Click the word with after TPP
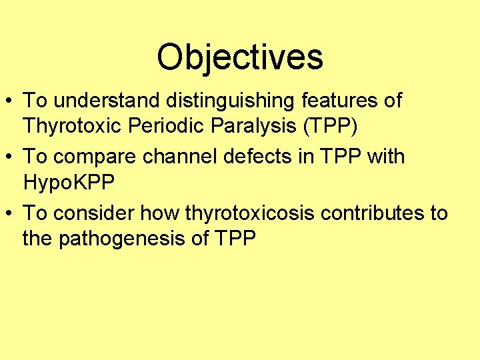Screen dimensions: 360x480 [384, 157]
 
